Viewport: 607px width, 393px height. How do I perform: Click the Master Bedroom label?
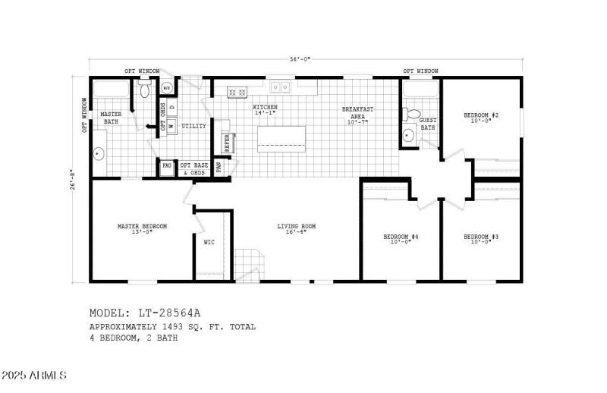(142, 226)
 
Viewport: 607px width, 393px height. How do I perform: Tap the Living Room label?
(296, 226)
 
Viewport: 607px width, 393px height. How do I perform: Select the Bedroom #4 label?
(401, 237)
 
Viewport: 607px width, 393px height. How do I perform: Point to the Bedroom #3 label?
(481, 237)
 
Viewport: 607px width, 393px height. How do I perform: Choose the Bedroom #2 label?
(481, 116)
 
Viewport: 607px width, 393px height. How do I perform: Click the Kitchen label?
(265, 108)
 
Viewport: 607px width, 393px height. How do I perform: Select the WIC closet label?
(209, 244)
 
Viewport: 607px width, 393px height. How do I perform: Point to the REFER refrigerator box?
(226, 142)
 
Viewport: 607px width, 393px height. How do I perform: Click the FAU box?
(166, 165)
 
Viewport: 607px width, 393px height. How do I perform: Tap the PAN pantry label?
(219, 165)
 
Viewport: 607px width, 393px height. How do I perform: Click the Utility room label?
(193, 126)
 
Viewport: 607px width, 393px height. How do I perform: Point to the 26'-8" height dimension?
(74, 179)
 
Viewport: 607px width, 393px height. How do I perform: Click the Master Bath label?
(111, 118)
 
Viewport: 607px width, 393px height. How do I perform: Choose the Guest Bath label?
(428, 124)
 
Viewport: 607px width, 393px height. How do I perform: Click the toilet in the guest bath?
(413, 115)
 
